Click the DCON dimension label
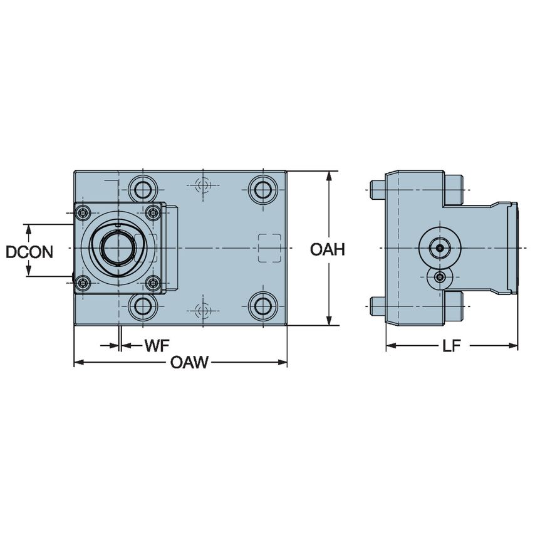(29, 252)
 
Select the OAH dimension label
(328, 250)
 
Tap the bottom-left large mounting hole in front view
(143, 306)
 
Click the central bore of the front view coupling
(117, 248)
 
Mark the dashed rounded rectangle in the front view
(270, 248)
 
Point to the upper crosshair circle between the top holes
(202, 185)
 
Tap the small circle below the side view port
(440, 277)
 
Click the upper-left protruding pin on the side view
(377, 188)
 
